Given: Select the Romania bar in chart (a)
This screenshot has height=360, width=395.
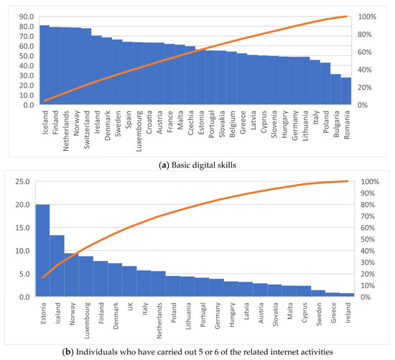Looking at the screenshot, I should (346, 92).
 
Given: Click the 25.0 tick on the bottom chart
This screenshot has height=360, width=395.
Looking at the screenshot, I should (22, 182).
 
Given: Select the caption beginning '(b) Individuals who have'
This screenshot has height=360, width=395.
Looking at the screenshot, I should (197, 351).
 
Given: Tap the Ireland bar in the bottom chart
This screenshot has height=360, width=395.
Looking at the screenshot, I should (346, 295).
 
